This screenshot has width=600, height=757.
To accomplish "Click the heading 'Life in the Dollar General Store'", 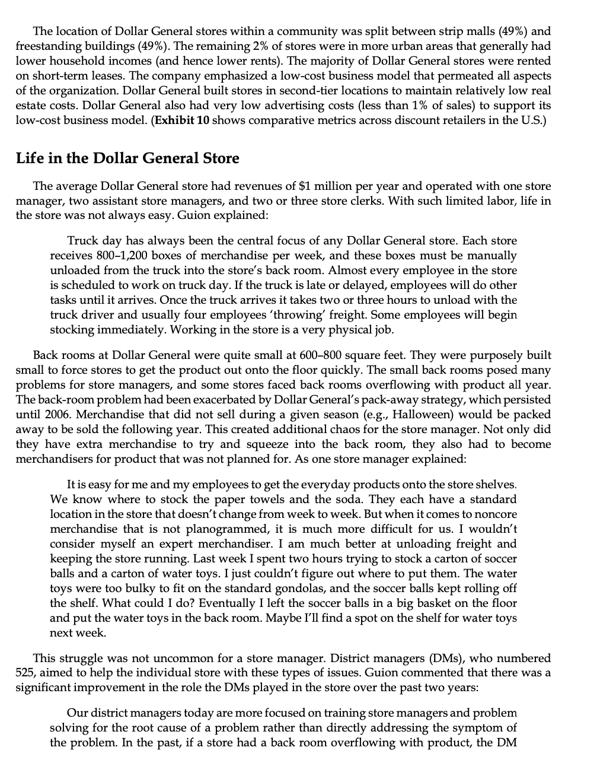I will pos(127,158).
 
